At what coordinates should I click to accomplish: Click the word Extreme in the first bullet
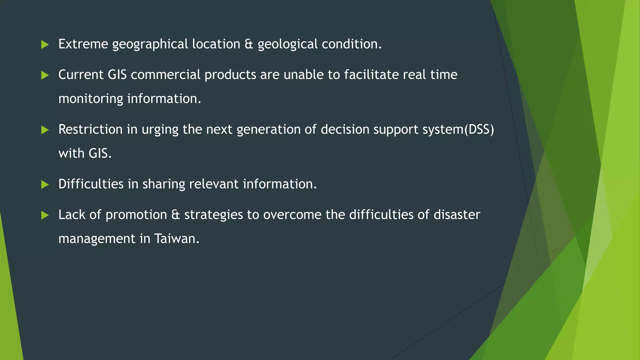coord(83,44)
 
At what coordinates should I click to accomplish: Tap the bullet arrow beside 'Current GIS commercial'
coord(45,75)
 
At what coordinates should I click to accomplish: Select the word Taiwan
coord(177,239)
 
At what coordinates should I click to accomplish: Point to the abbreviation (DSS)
coord(479,129)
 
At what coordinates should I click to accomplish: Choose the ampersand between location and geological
coord(249,44)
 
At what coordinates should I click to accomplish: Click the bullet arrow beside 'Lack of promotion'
coord(45,215)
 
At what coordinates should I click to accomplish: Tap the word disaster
coord(457,215)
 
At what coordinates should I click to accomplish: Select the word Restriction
coord(90,129)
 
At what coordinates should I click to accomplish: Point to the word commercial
coord(166,75)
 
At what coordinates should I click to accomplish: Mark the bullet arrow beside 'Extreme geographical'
coord(45,45)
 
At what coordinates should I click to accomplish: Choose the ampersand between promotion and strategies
coord(176,215)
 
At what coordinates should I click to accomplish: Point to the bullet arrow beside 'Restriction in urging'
coord(45,130)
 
